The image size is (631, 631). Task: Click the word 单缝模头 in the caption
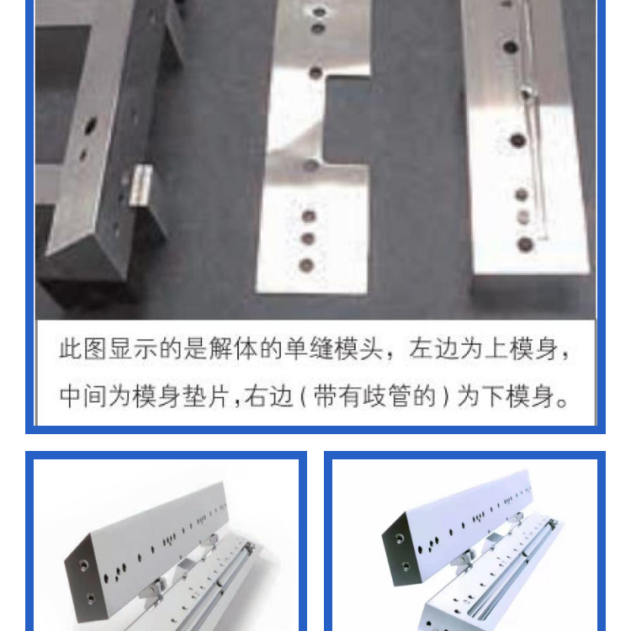334,349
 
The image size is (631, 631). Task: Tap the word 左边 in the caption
434,349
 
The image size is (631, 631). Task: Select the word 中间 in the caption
83,396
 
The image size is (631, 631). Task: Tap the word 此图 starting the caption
83,349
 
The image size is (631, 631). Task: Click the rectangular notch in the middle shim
347,120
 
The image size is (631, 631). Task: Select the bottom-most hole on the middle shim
306,265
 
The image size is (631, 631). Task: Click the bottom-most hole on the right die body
525,244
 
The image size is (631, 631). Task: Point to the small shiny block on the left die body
141,185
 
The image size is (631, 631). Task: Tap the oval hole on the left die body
91,125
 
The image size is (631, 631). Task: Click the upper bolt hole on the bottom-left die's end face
83,565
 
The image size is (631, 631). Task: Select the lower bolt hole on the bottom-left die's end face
91,598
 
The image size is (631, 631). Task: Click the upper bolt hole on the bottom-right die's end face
399,538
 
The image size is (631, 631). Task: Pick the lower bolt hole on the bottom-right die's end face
406,566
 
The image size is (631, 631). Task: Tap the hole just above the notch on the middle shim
315,73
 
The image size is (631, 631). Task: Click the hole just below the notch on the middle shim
310,165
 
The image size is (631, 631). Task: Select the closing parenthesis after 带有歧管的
445,396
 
